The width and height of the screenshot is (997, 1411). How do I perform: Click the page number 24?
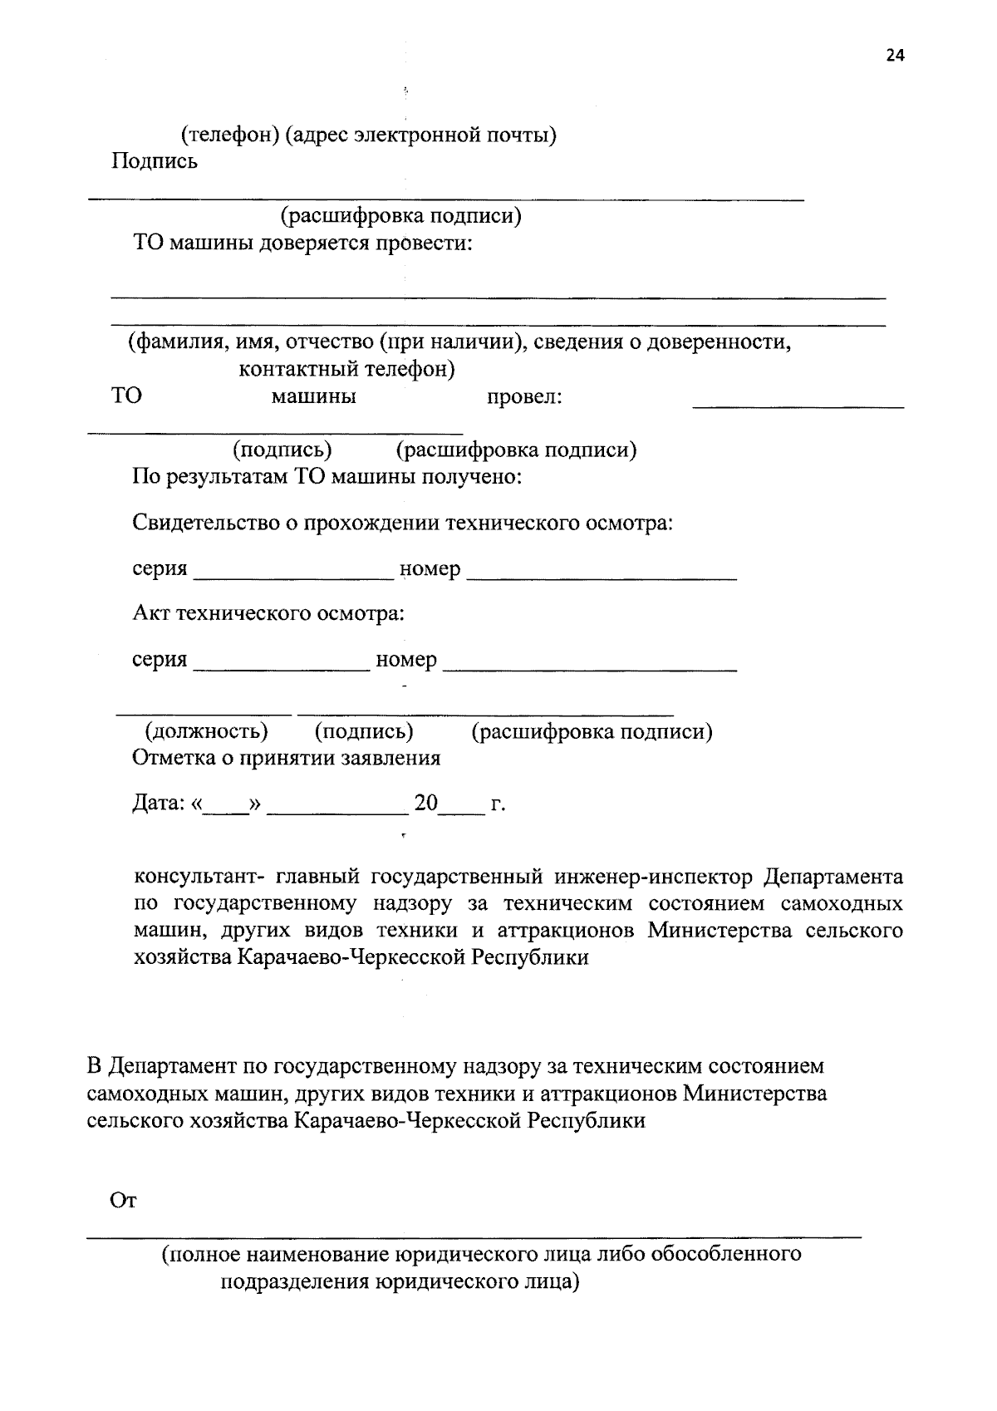895,56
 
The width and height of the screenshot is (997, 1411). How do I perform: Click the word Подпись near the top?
155,161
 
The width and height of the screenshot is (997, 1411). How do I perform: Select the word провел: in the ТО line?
524,397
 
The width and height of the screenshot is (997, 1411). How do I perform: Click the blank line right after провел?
798,403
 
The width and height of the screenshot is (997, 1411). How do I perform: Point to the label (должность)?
207,731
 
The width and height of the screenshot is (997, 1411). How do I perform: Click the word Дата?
158,804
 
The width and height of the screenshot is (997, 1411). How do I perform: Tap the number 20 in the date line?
426,804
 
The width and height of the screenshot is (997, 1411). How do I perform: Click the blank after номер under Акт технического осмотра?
590,665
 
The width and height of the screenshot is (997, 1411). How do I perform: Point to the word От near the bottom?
123,1201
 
